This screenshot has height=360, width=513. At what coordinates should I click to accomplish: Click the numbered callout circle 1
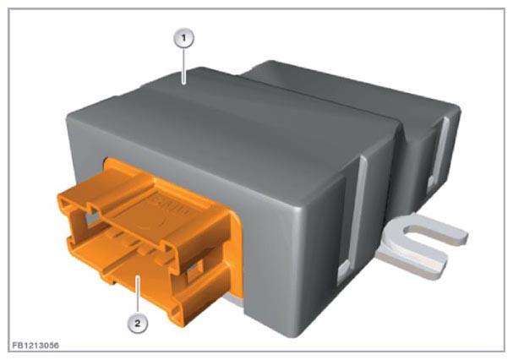[x=183, y=39]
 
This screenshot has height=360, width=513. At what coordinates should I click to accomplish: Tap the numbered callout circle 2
[x=138, y=324]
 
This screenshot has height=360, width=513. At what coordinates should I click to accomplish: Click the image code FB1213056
[x=35, y=346]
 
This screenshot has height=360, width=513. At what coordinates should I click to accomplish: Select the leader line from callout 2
[x=138, y=295]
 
